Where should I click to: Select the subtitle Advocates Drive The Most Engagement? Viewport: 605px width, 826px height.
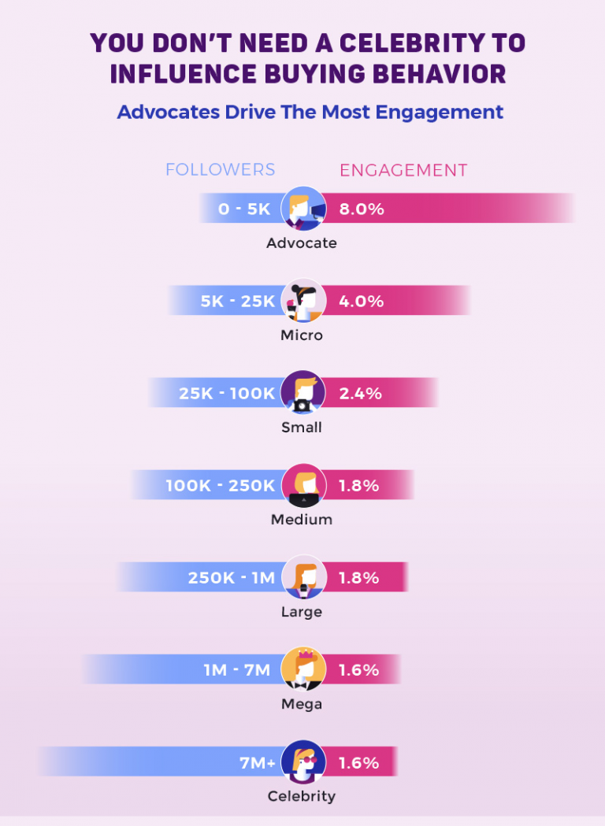click(310, 112)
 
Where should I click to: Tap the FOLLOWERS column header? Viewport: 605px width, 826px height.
click(220, 170)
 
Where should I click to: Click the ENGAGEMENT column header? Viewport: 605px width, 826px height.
click(403, 170)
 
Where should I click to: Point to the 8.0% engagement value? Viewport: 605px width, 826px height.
click(362, 209)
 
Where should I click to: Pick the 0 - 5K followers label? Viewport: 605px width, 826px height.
click(244, 209)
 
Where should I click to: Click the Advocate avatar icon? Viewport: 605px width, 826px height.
click(302, 209)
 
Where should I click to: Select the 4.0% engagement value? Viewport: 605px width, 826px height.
click(362, 302)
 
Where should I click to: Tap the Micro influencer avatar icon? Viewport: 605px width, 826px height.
click(302, 301)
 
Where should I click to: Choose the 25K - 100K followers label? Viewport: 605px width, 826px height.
click(227, 394)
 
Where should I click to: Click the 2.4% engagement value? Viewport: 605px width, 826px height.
click(362, 394)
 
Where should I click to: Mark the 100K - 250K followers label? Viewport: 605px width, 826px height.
click(220, 486)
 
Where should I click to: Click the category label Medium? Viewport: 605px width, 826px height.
click(302, 520)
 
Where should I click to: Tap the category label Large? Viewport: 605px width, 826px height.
click(302, 612)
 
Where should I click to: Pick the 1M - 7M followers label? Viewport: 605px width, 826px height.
click(236, 670)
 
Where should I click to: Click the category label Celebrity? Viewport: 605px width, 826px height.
click(302, 796)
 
